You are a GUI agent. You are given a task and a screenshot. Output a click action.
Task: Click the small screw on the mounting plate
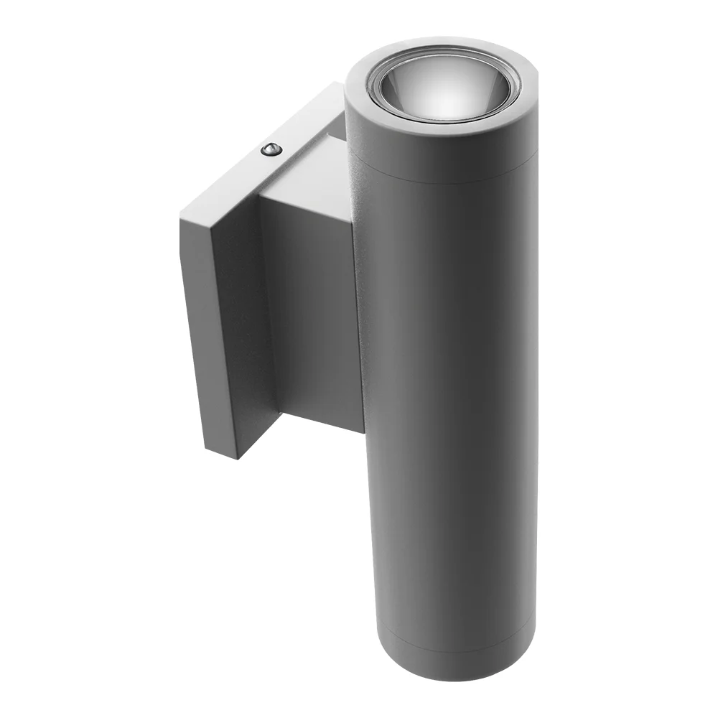271,149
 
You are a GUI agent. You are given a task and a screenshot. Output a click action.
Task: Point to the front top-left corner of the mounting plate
181,213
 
